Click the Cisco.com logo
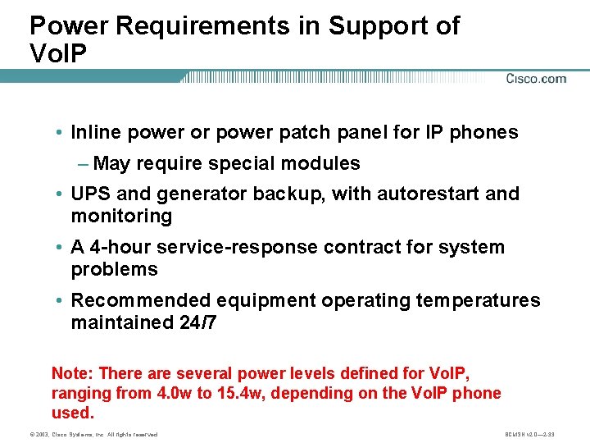click(536, 79)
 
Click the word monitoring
click(121, 217)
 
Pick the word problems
click(114, 270)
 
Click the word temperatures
click(478, 301)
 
